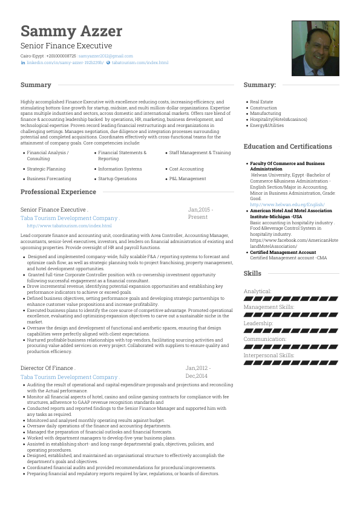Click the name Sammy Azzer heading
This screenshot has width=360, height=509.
[x=71, y=31]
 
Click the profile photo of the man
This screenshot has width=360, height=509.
[x=315, y=48]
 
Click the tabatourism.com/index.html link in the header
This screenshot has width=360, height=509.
[x=140, y=62]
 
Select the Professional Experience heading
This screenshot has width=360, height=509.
[x=58, y=192]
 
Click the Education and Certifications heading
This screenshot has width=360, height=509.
[x=287, y=146]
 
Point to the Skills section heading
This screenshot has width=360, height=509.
[x=252, y=273]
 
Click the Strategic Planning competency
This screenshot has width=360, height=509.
[x=46, y=169]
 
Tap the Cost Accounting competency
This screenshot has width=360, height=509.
[x=186, y=169]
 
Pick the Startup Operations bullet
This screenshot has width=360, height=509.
[x=117, y=179]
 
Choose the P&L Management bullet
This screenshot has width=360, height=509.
[x=188, y=179]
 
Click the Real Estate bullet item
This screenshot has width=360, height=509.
[x=261, y=102]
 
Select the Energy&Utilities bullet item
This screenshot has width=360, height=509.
[x=267, y=125]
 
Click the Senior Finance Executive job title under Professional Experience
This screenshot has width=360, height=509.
[x=54, y=210]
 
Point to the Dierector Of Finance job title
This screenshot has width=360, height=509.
[x=48, y=368]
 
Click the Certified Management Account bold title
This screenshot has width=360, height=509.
[x=283, y=252]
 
